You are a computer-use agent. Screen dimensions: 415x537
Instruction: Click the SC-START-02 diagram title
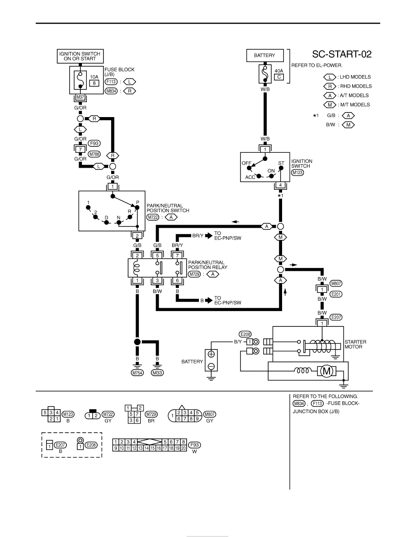(x=341, y=54)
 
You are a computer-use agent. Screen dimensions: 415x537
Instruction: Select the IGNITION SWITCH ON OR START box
(x=80, y=56)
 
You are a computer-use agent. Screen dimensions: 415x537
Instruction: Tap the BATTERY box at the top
(x=264, y=56)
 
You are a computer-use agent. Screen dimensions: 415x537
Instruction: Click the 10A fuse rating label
(x=94, y=77)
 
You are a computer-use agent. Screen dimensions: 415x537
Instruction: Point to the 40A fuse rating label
(x=279, y=71)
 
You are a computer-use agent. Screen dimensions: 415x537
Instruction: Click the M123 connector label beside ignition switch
(x=297, y=172)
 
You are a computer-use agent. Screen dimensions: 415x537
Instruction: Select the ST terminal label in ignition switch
(x=281, y=163)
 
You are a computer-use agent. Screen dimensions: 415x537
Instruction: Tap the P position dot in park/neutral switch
(x=137, y=207)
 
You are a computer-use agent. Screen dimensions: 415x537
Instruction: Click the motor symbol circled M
(x=327, y=371)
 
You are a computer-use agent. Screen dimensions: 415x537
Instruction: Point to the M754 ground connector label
(x=137, y=373)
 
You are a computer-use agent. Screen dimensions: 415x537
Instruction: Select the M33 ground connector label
(x=157, y=373)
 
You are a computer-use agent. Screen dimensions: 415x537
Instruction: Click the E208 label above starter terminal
(x=245, y=334)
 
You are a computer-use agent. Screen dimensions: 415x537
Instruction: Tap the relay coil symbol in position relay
(x=137, y=268)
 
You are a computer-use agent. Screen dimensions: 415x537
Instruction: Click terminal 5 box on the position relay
(x=157, y=255)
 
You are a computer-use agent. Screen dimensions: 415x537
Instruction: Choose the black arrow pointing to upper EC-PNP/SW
(x=208, y=236)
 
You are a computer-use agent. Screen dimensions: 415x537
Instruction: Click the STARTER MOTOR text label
(x=355, y=344)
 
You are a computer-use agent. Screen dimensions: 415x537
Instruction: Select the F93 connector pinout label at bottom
(x=194, y=445)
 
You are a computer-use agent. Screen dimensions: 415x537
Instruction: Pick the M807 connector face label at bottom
(x=210, y=415)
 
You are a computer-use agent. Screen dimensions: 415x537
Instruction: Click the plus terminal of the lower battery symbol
(x=211, y=354)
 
